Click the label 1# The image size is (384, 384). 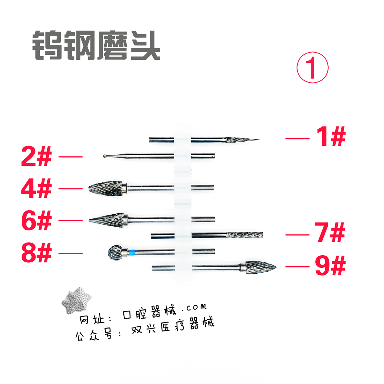(x=330, y=137)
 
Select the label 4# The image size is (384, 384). (x=36, y=189)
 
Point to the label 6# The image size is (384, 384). (x=36, y=221)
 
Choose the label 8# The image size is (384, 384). (x=36, y=253)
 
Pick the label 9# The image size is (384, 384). (x=330, y=267)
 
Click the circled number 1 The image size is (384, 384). (x=312, y=68)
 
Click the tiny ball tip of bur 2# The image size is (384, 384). (x=105, y=155)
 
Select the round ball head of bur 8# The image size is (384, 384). (x=115, y=252)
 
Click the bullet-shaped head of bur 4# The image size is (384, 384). (x=105, y=188)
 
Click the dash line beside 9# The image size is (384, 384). (x=297, y=267)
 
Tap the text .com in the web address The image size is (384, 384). (x=194, y=307)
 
